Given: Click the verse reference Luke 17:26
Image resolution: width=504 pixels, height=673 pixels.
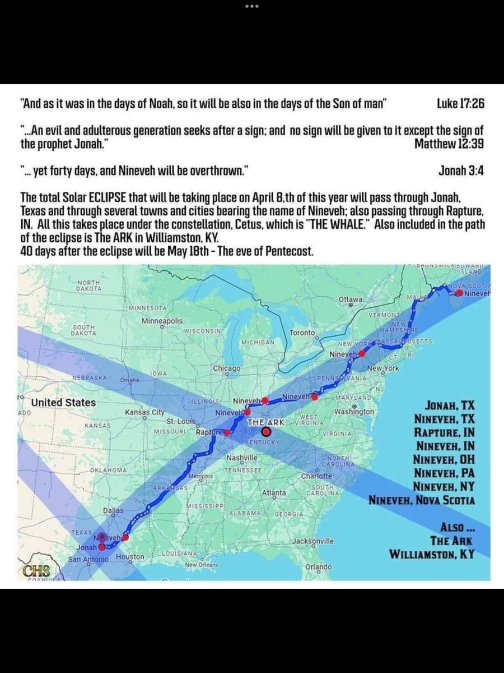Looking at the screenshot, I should tap(460, 104).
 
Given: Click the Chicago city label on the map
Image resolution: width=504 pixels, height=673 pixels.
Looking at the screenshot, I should tap(226, 368).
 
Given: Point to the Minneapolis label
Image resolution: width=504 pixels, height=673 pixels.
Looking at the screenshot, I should tap(162, 321).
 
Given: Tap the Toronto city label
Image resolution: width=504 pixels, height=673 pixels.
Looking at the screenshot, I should tap(303, 333).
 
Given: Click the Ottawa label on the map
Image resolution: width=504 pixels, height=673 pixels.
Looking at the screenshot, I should tap(351, 301).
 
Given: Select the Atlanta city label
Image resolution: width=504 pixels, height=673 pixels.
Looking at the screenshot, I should tap(274, 493).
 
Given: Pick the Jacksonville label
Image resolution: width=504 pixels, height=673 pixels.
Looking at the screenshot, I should tap(313, 541).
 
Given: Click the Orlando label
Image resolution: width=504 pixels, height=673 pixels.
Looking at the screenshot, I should tap(319, 567).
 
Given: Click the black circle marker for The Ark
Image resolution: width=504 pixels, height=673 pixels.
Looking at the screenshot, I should tap(266, 432).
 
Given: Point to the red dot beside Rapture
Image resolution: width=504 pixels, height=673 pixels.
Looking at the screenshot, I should tap(227, 433).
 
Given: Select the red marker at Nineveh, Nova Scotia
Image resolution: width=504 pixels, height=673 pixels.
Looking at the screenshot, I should tap(459, 293).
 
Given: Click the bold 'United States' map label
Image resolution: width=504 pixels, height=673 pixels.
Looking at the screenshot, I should tap(63, 403).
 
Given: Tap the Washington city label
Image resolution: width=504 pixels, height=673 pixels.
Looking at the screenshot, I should tap(353, 412).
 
